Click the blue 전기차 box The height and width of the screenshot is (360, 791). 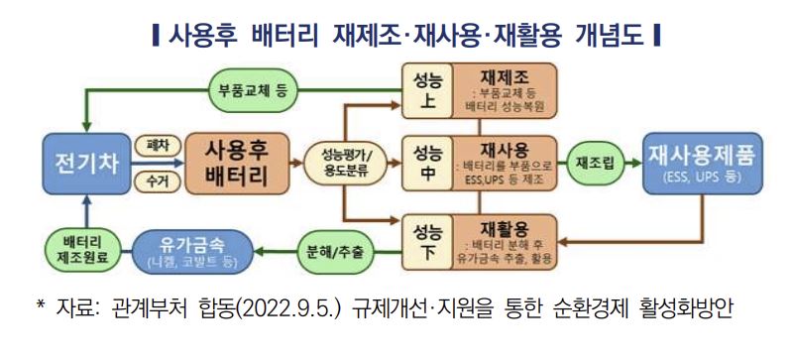(x=88, y=161)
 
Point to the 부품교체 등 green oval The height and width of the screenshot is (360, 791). (x=254, y=91)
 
